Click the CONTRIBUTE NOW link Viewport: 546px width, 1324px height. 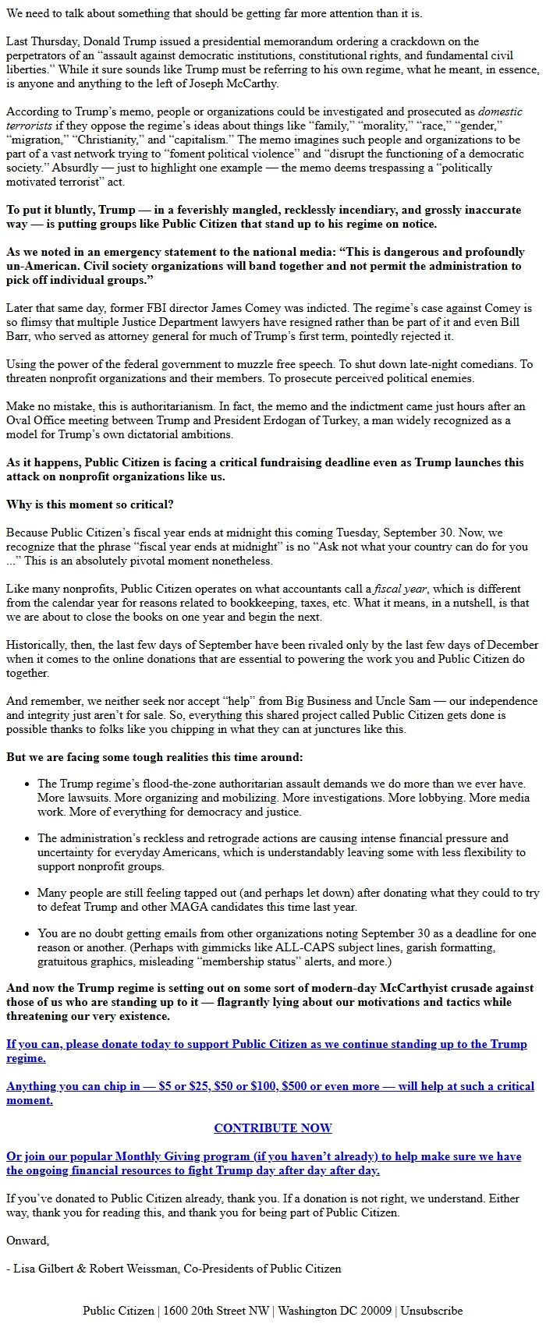pyautogui.click(x=273, y=1128)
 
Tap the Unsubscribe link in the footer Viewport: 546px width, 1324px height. pyautogui.click(x=432, y=1311)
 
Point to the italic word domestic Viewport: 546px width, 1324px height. pyautogui.click(x=500, y=112)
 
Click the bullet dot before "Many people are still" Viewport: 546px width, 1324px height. pyautogui.click(x=28, y=894)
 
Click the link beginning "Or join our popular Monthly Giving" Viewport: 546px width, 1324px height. pyautogui.click(x=264, y=1163)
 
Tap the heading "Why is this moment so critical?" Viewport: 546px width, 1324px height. pyautogui.click(x=90, y=504)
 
